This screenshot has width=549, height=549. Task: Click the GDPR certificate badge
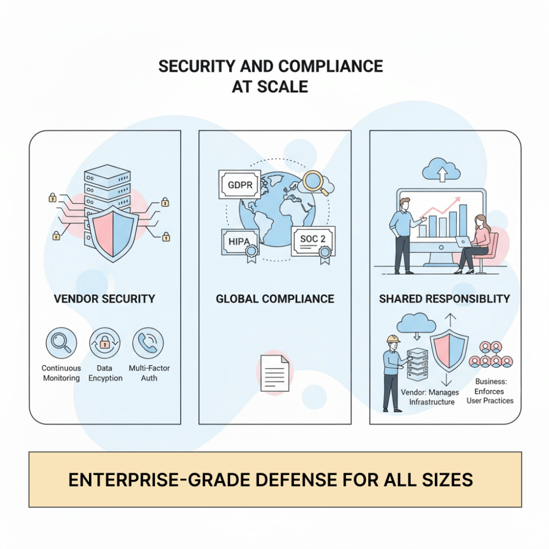pyautogui.click(x=240, y=184)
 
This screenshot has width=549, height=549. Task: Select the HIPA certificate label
pyautogui.click(x=240, y=242)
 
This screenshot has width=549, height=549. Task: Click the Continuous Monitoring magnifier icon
pyautogui.click(x=61, y=343)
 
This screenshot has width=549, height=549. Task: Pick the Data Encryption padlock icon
pyautogui.click(x=105, y=343)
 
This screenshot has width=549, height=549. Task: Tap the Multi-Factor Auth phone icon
pyautogui.click(x=148, y=343)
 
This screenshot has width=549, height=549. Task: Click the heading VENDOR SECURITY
pyautogui.click(x=104, y=299)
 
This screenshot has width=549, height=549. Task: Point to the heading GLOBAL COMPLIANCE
pyautogui.click(x=275, y=299)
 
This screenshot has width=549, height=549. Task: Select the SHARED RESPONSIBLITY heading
pyautogui.click(x=444, y=299)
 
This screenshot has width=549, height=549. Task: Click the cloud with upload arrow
pyautogui.click(x=441, y=170)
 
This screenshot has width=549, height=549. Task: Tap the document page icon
pyautogui.click(x=275, y=373)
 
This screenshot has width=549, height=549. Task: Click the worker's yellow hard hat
pyautogui.click(x=393, y=339)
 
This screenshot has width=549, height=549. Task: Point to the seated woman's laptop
pyautogui.click(x=463, y=242)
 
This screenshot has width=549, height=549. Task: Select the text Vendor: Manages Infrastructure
pyautogui.click(x=430, y=397)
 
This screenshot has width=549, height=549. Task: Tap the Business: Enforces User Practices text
pyautogui.click(x=490, y=391)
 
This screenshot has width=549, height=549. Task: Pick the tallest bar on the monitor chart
pyautogui.click(x=463, y=221)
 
